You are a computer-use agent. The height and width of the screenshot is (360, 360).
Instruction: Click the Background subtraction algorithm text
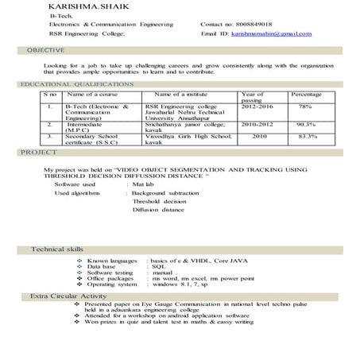(x=165, y=193)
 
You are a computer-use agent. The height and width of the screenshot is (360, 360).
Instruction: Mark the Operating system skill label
(x=111, y=285)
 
